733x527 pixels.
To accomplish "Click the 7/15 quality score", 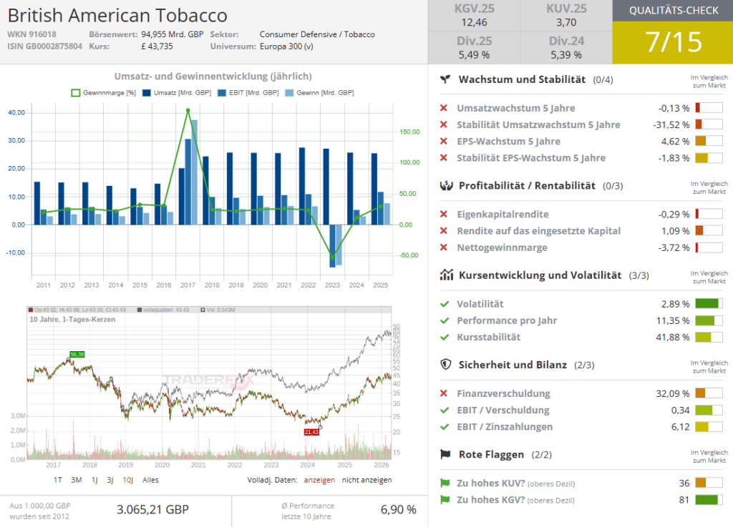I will (x=673, y=42).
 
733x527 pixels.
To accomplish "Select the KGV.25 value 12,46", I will (x=474, y=23).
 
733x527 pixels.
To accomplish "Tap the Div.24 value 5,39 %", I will (x=568, y=54).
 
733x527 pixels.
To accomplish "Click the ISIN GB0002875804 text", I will (x=44, y=46).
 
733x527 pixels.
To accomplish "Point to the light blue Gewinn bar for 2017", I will (x=194, y=172).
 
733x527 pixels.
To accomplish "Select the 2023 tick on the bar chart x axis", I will (x=332, y=285).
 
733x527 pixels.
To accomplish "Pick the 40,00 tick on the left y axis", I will (x=17, y=113).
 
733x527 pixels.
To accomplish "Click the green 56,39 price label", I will (x=77, y=355).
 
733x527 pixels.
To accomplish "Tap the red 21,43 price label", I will (x=311, y=432).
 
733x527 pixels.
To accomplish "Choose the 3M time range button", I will (x=77, y=480).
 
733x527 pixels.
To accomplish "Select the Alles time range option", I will (x=150, y=480).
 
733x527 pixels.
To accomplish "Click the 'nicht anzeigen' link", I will (x=366, y=480).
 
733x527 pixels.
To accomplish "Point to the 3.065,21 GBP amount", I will (x=152, y=509).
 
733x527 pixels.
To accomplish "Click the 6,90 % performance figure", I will (x=398, y=509).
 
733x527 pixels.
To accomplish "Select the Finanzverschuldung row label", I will (x=503, y=393).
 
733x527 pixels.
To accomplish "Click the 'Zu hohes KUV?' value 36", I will (x=684, y=483).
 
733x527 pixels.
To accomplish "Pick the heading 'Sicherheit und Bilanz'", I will (x=512, y=365).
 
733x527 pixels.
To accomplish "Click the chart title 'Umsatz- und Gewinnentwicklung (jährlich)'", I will (x=213, y=76).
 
